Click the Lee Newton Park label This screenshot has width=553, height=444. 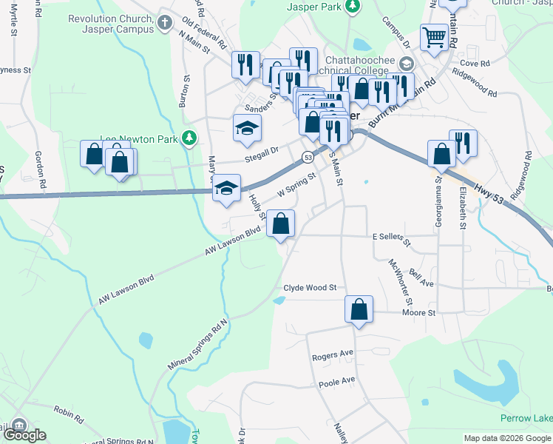point(140,138)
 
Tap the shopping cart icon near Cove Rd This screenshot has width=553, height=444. point(435,37)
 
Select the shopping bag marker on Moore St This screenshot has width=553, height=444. point(359,310)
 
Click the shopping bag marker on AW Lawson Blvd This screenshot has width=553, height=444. point(281,224)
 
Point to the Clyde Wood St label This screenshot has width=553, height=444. point(310,287)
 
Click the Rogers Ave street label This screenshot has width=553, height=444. point(333,356)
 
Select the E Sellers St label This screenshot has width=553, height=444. point(390,236)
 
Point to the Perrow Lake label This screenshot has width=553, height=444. point(526,419)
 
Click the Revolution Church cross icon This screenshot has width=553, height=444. point(163,24)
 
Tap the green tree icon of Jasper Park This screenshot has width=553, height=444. point(353,6)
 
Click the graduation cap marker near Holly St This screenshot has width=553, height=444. point(227,188)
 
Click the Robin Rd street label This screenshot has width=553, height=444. point(68,411)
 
